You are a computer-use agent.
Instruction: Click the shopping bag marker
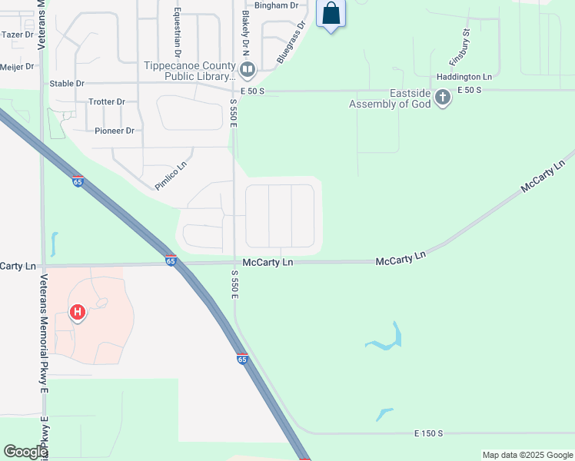click(331, 14)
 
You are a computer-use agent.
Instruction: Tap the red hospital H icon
click(77, 312)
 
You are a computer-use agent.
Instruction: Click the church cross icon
click(442, 98)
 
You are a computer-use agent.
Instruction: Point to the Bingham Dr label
click(275, 5)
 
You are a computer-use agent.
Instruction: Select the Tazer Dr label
click(18, 35)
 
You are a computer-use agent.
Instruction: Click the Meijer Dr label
click(18, 67)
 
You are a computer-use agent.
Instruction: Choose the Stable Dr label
click(67, 83)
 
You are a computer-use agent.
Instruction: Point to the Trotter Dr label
click(106, 101)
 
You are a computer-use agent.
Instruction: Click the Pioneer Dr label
click(114, 131)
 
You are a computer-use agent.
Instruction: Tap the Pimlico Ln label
click(171, 176)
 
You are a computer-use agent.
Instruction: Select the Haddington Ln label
click(464, 77)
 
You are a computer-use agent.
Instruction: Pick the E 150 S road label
click(428, 433)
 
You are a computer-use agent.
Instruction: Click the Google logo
click(25, 452)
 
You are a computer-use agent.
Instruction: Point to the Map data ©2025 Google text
click(527, 455)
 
